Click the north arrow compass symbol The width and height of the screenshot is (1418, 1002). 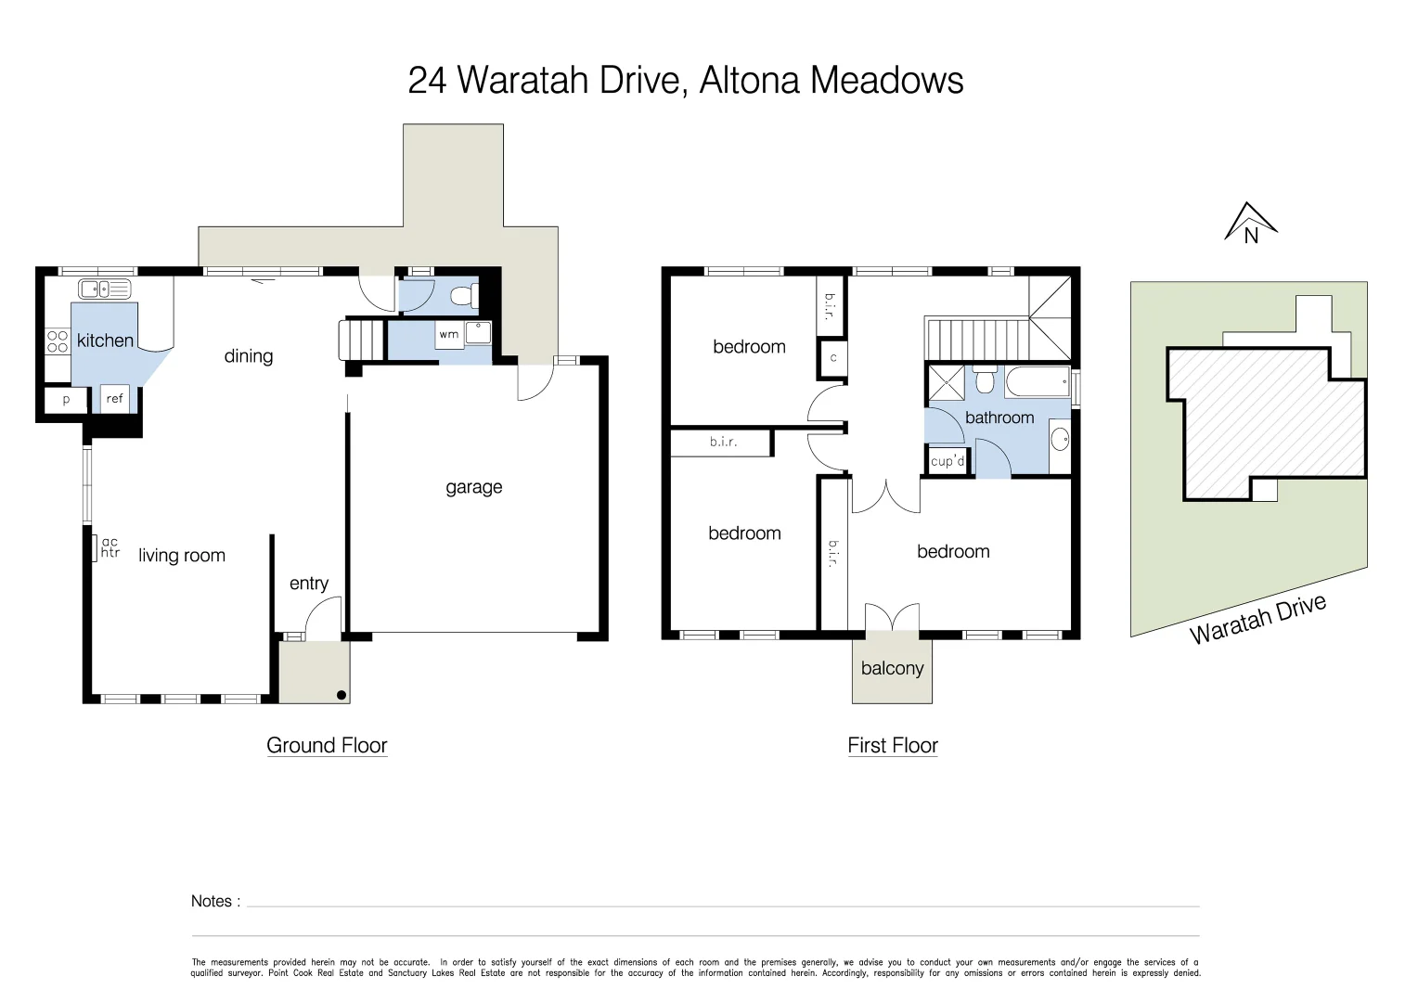(x=1251, y=223)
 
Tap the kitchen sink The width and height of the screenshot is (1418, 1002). (x=105, y=289)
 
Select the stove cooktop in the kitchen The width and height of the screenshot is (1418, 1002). (x=58, y=341)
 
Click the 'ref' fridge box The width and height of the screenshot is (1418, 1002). (x=114, y=399)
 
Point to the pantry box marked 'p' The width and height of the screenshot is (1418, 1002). (x=66, y=400)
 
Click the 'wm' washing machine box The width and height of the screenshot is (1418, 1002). (x=449, y=335)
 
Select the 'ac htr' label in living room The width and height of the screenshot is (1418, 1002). (x=110, y=547)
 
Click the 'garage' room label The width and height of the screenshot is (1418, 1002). (x=473, y=487)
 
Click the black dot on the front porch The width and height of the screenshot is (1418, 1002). (x=341, y=695)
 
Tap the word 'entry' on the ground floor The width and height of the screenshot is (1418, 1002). (x=309, y=583)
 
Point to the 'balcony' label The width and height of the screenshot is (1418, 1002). (x=892, y=668)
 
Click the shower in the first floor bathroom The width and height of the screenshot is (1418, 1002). (x=946, y=382)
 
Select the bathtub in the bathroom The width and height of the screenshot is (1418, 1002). (x=1036, y=382)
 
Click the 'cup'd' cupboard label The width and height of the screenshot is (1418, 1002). (x=947, y=461)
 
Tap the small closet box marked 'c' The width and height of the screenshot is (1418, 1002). (x=833, y=358)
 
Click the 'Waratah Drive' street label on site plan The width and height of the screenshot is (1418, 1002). (x=1257, y=619)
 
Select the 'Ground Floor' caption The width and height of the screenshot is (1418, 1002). (x=327, y=745)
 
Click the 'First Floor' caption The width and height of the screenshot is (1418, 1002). (x=893, y=745)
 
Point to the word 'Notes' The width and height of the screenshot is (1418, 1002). (x=212, y=901)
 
